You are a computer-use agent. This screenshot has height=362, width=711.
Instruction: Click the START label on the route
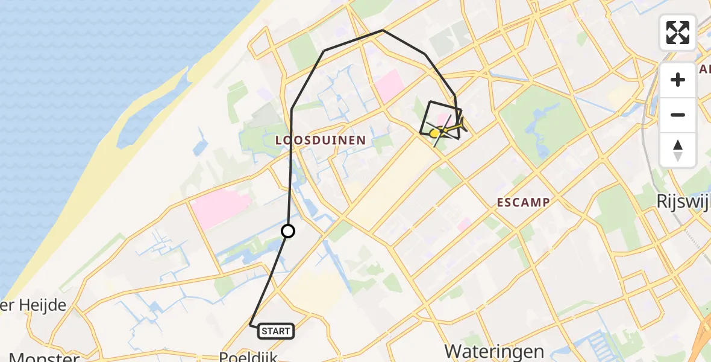pos(277,331)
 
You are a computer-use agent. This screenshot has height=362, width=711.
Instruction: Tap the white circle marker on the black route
pos(288,231)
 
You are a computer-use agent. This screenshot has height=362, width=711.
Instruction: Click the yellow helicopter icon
pos(436,133)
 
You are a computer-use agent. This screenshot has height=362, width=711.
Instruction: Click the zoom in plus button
pos(678,80)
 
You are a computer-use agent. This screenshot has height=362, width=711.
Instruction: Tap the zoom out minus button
pos(678,115)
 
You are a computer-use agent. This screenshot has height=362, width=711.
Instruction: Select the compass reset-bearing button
pos(678,150)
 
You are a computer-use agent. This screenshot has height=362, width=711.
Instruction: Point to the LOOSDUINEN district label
pos(320,140)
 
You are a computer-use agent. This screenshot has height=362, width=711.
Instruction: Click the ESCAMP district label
pos(523,203)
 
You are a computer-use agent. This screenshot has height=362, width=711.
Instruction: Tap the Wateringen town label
pos(494,351)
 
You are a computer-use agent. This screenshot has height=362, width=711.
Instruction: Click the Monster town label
pos(43,357)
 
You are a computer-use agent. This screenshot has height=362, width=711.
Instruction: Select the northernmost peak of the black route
pos(383,30)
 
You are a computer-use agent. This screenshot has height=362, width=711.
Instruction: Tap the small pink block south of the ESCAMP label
pos(464,225)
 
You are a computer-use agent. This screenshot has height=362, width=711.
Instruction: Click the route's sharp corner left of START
pos(251,325)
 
